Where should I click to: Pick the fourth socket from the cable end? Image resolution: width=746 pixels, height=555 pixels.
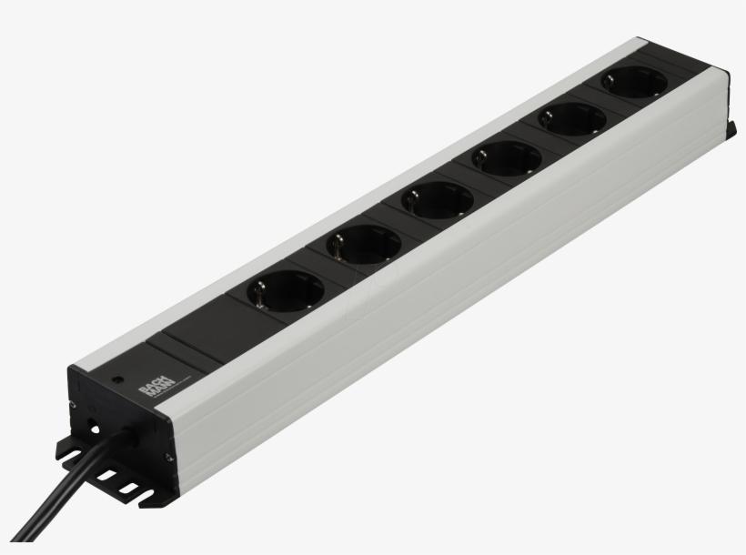[x=505, y=160]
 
